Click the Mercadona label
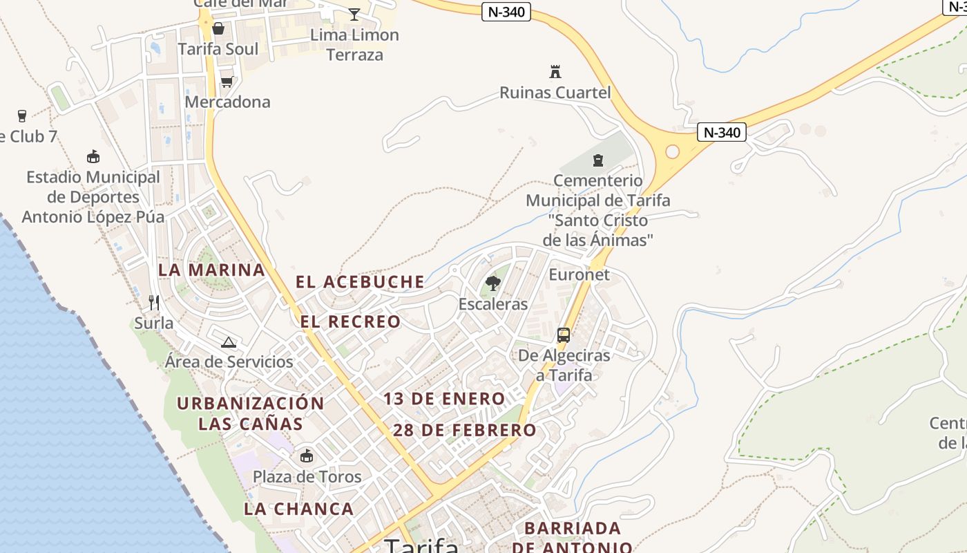click(227, 102)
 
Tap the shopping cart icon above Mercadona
click(227, 82)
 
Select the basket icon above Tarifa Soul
click(218, 28)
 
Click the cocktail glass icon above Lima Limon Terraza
click(354, 14)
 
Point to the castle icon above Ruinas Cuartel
click(555, 71)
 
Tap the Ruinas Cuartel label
click(555, 93)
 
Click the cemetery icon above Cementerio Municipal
click(598, 161)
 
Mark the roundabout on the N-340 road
click(672, 151)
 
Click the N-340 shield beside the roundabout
click(722, 132)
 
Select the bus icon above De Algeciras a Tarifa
click(564, 335)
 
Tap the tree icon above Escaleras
click(493, 283)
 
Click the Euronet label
click(579, 274)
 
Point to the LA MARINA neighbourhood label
click(211, 270)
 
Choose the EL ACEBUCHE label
click(360, 282)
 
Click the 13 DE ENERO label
click(444, 399)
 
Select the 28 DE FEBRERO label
click(464, 430)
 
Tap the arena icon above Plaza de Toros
click(307, 456)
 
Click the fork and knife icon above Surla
click(154, 303)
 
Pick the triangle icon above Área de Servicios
click(229, 341)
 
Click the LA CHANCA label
click(298, 509)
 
